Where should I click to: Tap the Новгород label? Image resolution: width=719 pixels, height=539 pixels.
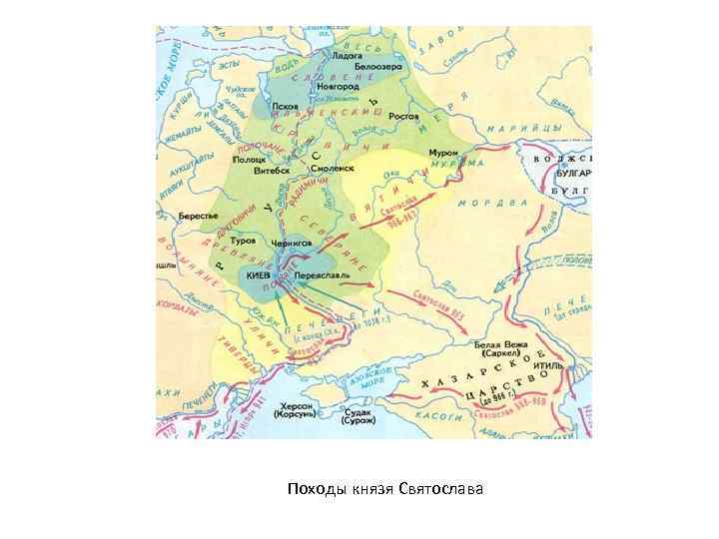click(x=340, y=87)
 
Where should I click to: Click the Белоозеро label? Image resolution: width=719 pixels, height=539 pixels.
click(x=378, y=66)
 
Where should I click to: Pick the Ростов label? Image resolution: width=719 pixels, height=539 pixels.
click(x=403, y=116)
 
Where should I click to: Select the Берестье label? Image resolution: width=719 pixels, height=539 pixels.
click(x=197, y=217)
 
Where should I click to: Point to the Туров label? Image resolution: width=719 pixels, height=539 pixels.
click(x=243, y=242)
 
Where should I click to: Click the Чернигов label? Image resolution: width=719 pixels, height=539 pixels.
click(x=293, y=242)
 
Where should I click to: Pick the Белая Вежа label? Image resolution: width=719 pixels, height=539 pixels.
click(x=504, y=342)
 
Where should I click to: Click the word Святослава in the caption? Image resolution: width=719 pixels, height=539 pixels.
click(x=440, y=489)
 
